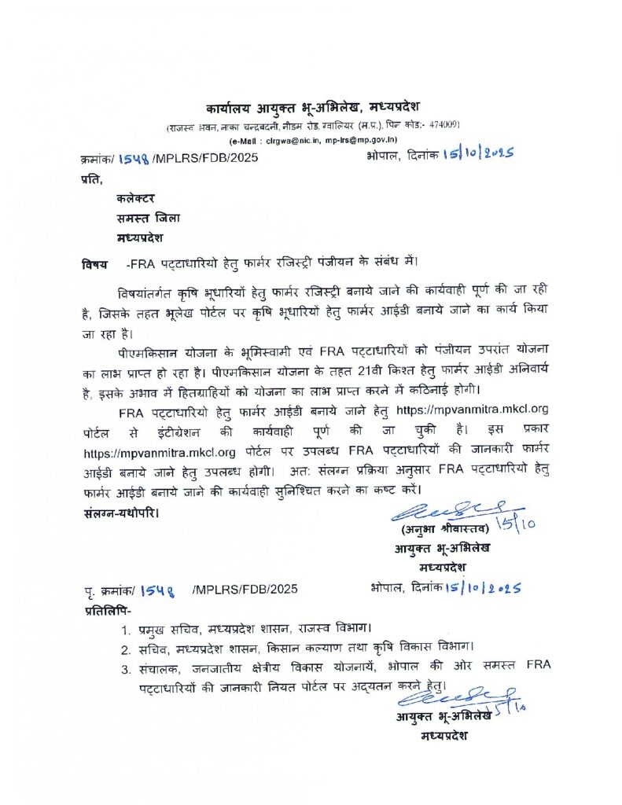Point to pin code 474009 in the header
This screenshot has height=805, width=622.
[443, 125]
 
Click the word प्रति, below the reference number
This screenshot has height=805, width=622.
[92, 179]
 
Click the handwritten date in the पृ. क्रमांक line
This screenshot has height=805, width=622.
[484, 588]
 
